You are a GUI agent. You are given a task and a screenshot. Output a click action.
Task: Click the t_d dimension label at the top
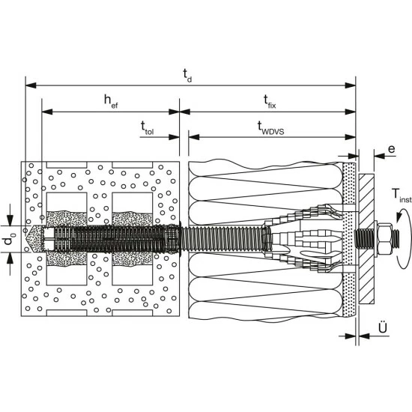[x=187, y=76]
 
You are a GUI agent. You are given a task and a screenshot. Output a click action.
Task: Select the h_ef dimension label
[x=111, y=101]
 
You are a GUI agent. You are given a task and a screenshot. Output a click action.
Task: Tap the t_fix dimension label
[x=270, y=101]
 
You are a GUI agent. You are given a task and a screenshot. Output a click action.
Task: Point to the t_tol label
[x=147, y=128]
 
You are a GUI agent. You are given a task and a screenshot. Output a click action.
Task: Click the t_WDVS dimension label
[x=270, y=128]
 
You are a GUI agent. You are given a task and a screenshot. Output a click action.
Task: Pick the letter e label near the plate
[x=392, y=149]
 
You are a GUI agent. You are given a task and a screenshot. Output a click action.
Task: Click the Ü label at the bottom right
[x=383, y=327]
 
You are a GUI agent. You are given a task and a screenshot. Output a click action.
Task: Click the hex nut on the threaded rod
[x=384, y=239]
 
